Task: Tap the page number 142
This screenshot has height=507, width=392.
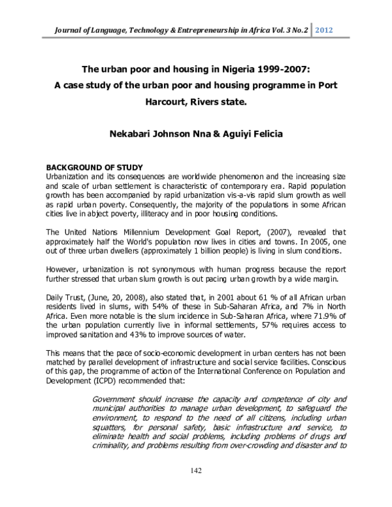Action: point(196,471)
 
